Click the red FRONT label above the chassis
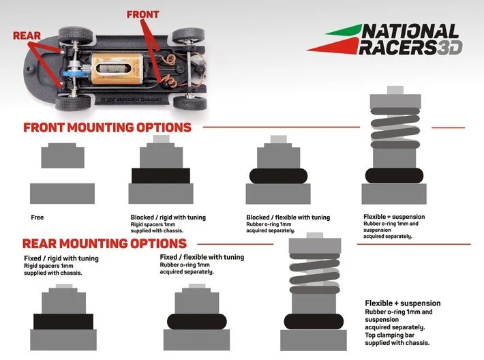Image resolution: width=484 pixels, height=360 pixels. [x=142, y=13]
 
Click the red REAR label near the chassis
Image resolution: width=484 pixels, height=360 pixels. [x=27, y=35]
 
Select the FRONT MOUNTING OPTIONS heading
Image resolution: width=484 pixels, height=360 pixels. [x=107, y=127]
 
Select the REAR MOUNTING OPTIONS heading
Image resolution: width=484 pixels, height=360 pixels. [x=104, y=243]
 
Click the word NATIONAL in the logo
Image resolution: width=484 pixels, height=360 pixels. [x=410, y=31]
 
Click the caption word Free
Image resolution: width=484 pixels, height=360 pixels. [x=37, y=217]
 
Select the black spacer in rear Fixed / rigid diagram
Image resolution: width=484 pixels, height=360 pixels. [x=63, y=321]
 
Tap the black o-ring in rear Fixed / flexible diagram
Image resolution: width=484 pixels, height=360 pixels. [x=196, y=321]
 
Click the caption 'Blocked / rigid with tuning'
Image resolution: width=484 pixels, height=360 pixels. [x=168, y=217]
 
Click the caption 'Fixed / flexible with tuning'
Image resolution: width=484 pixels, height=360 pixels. [x=201, y=257]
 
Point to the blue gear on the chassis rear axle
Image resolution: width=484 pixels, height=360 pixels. [x=74, y=74]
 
